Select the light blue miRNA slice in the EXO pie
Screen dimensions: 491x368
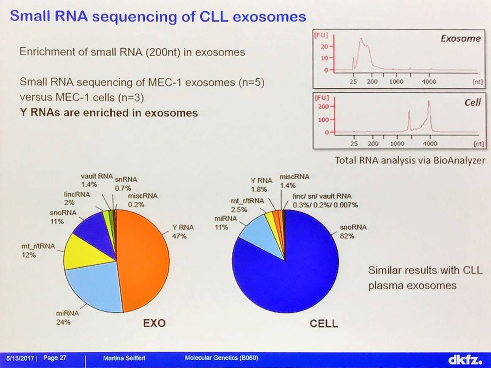(94, 285)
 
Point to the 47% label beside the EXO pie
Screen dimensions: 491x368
(179, 236)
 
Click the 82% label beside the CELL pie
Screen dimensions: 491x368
(347, 236)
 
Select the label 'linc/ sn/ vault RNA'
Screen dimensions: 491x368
(322, 196)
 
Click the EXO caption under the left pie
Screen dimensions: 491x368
(154, 323)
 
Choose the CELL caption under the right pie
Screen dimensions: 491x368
(324, 323)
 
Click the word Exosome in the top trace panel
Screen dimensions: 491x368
(461, 39)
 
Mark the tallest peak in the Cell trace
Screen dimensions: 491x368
(429, 101)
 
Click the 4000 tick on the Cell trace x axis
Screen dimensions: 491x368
(430, 144)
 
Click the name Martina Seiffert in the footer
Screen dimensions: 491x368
(124, 358)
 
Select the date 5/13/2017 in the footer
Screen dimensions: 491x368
(20, 358)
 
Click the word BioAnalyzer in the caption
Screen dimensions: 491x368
(459, 161)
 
